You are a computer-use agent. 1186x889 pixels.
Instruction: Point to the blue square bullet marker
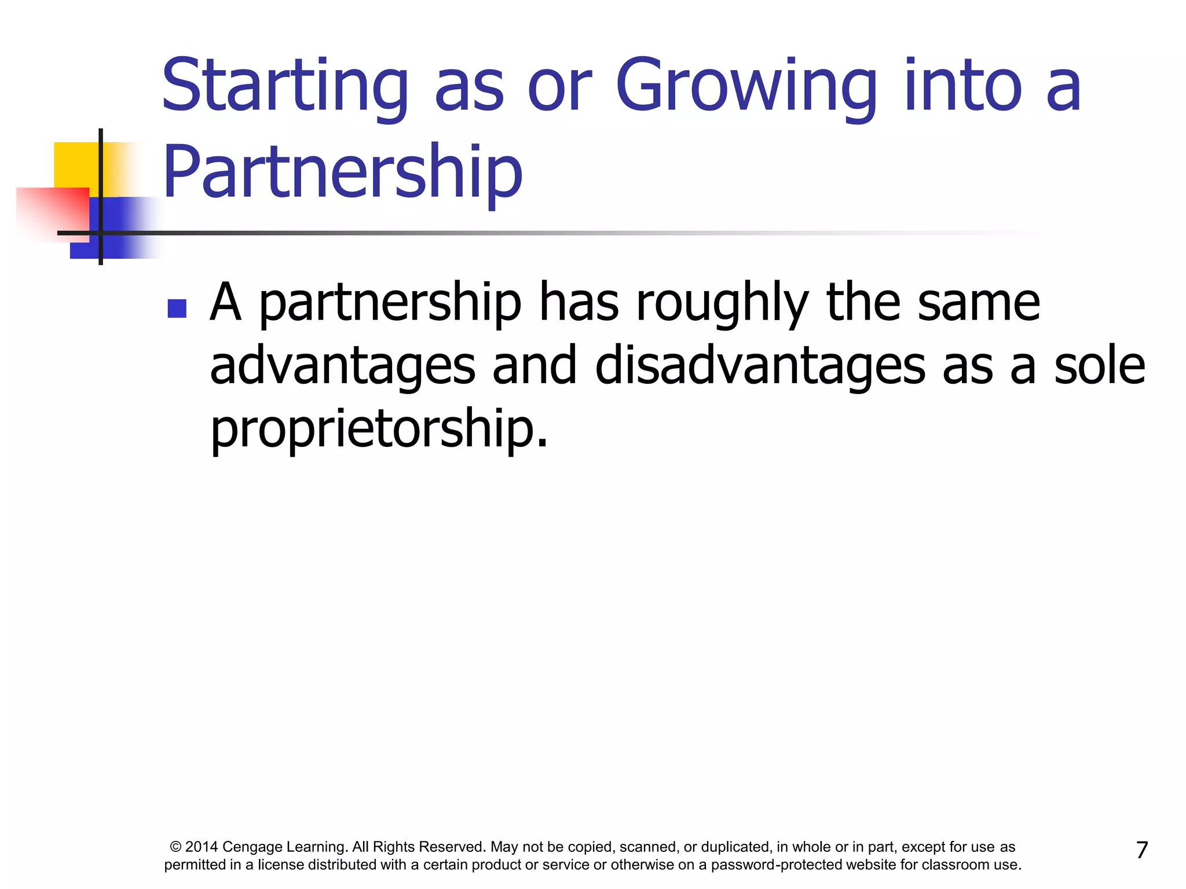pos(177,308)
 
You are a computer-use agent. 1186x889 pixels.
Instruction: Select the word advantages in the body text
pos(342,366)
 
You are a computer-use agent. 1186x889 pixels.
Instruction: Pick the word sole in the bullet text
pos(1099,366)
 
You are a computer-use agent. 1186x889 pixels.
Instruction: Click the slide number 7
pos(1141,850)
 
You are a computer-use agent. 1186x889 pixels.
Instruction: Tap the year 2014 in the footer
pos(201,847)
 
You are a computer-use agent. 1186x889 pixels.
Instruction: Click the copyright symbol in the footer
pos(175,847)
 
